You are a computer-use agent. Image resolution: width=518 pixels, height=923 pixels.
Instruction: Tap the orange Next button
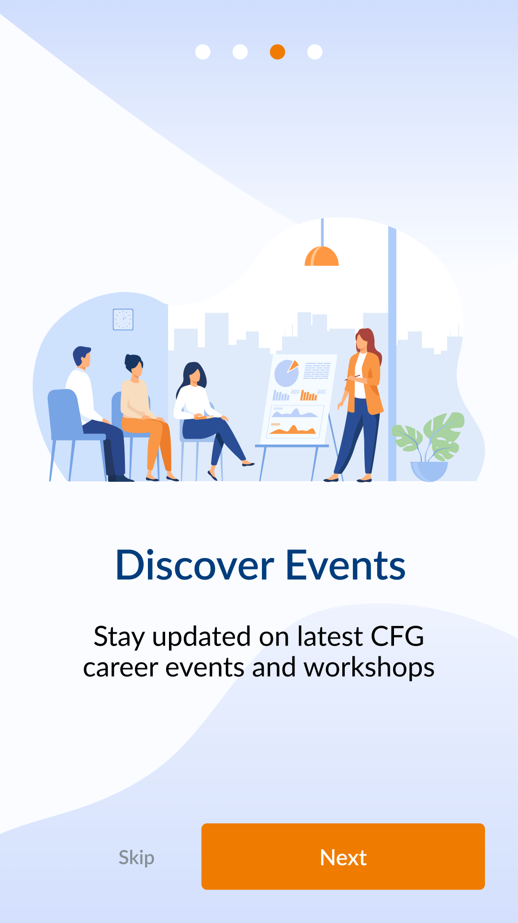[343, 856]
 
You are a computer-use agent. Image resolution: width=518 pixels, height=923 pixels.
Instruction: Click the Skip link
[136, 857]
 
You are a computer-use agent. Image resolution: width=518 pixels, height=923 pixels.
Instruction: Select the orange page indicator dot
[278, 52]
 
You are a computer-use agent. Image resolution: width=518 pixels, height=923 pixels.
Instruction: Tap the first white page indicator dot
[203, 52]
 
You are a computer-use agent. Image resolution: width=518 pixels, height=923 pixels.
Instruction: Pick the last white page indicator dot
[315, 52]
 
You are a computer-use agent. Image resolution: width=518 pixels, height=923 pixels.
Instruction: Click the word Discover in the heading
[195, 565]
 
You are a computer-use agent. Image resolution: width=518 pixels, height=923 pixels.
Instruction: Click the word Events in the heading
[346, 565]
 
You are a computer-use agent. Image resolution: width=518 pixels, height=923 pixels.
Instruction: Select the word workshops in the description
[369, 668]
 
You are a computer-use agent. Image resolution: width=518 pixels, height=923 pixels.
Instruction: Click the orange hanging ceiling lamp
[322, 256]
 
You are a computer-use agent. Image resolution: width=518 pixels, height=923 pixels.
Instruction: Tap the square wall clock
[123, 319]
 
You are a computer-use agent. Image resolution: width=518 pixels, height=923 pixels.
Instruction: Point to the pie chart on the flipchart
[287, 373]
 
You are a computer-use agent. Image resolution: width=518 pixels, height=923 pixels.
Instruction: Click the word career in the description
[120, 668]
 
